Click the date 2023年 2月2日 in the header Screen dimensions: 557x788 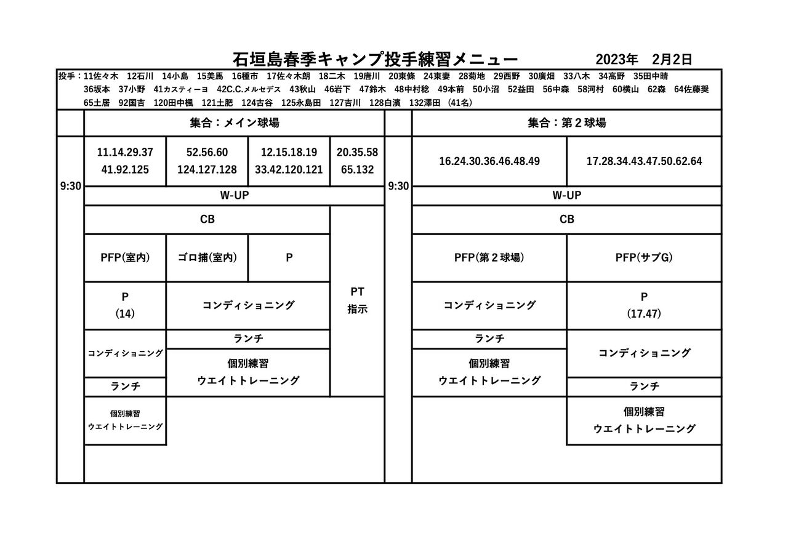(644, 59)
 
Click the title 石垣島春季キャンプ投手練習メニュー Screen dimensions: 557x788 (376, 59)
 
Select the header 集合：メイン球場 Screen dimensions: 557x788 (234, 123)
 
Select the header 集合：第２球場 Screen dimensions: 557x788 (566, 123)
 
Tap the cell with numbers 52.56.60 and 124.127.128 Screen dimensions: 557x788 (207, 161)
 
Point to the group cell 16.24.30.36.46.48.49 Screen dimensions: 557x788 (489, 161)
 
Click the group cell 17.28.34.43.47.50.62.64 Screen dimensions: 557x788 (644, 161)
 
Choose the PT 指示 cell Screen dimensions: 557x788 (357, 301)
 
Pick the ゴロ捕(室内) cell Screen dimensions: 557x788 (207, 258)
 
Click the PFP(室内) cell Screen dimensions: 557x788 (125, 258)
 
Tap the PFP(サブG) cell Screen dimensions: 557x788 (644, 258)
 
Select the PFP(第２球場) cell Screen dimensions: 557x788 (489, 258)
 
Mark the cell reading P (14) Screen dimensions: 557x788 (125, 305)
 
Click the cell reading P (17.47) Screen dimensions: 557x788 (644, 305)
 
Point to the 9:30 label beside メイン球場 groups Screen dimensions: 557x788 (70, 186)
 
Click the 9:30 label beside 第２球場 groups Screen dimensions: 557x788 (398, 186)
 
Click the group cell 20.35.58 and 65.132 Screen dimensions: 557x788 (357, 161)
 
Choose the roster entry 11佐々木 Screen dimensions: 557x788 (100, 76)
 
